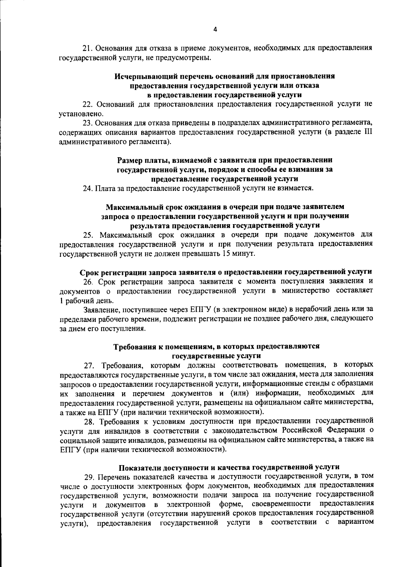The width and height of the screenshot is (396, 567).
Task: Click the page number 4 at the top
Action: (215, 30)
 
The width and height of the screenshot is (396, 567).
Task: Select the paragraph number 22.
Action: (87, 104)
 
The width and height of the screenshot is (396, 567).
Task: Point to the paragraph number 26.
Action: (87, 282)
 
